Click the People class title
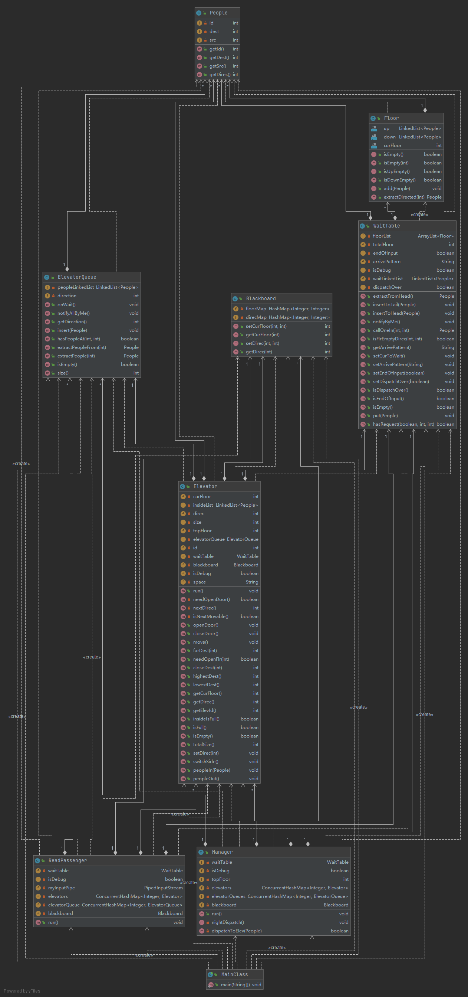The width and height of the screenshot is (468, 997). click(218, 13)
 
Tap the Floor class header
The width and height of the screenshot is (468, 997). click(391, 118)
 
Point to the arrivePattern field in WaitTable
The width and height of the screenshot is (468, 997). click(386, 262)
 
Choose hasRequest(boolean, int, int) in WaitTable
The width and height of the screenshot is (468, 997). click(403, 424)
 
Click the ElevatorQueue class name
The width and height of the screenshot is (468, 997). click(77, 277)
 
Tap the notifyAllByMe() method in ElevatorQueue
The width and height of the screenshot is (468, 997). click(73, 313)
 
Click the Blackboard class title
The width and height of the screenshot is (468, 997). click(261, 298)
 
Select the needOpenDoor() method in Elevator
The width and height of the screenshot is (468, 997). click(211, 599)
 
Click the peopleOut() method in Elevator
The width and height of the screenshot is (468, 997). click(206, 779)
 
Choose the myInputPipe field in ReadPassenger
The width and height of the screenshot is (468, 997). click(61, 888)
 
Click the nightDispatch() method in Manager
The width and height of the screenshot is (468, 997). click(227, 922)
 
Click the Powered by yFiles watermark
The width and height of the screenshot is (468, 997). click(22, 991)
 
